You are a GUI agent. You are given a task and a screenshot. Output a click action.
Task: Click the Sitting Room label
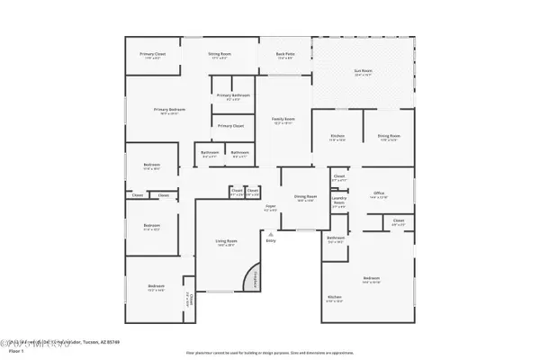point(220,55)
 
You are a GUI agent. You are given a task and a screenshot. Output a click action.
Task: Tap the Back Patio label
point(285,55)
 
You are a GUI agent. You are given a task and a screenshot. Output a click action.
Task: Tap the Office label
point(379,193)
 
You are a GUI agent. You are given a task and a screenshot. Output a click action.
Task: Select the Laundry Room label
point(338,202)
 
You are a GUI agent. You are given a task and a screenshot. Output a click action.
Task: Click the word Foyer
point(269,208)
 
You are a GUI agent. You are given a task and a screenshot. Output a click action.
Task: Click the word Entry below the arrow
point(270,240)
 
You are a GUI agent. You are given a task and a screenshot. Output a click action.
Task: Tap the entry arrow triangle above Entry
point(269,231)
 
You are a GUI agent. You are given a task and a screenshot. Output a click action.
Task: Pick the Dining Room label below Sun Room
point(389,137)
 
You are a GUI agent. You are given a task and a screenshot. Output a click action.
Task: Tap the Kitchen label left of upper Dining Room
point(337,137)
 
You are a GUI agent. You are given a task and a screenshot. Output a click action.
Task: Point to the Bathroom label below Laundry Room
point(336,239)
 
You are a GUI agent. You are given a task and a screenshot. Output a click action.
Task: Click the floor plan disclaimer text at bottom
point(270,353)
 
